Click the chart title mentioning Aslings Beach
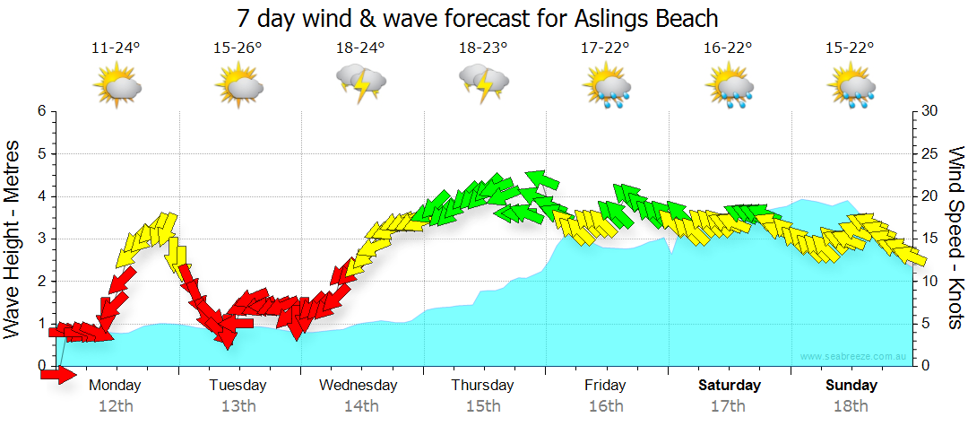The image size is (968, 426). pos(478,18)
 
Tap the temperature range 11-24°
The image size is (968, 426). pos(116,48)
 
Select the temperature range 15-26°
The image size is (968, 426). pos(238,48)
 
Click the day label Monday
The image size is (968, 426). pos(116,386)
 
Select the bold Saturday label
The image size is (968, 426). pos(729,386)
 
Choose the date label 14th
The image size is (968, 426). pos(360,406)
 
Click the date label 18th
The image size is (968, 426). pos(851,406)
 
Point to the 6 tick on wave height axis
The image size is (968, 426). pos(41,111)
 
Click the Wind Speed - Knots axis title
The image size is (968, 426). pos(955,238)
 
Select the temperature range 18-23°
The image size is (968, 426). pos(483,48)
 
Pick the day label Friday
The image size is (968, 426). pos(606,386)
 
